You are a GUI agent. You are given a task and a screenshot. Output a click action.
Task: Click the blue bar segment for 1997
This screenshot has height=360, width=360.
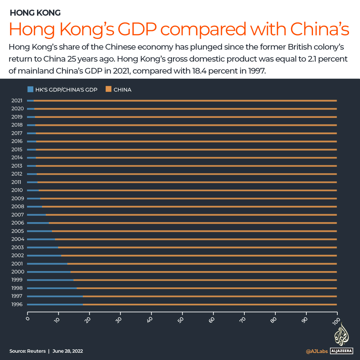click(x=55, y=296)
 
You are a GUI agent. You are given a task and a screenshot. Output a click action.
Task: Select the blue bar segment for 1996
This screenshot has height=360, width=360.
click(x=55, y=304)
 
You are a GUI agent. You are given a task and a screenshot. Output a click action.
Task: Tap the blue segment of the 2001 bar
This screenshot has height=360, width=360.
click(x=47, y=263)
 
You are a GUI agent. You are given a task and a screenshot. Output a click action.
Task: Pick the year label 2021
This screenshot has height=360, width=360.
click(x=17, y=100)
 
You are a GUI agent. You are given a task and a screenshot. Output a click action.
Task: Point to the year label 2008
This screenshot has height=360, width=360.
click(x=17, y=206)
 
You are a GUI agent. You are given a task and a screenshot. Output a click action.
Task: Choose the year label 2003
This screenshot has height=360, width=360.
click(x=17, y=247)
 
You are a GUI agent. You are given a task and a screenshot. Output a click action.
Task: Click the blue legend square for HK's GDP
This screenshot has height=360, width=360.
click(x=30, y=89)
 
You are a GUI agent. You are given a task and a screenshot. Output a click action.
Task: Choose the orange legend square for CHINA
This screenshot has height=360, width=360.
click(x=108, y=89)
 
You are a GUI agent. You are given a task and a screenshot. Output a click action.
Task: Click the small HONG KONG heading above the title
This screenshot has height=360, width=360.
click(x=35, y=13)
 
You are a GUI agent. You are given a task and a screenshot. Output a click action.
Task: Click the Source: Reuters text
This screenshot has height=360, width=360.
click(x=27, y=351)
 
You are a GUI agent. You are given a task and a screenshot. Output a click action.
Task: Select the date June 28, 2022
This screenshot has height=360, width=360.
click(x=68, y=351)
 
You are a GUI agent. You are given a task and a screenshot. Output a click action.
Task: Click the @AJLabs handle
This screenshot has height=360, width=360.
click(x=317, y=351)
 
